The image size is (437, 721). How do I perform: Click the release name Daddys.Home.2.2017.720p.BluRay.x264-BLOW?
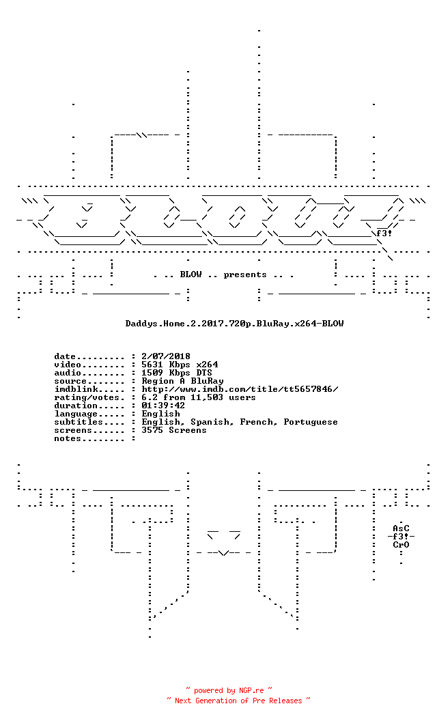pos(235,324)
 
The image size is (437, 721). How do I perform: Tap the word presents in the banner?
pos(245,275)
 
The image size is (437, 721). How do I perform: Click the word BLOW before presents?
pos(191,274)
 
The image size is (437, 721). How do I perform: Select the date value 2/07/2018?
pos(166,356)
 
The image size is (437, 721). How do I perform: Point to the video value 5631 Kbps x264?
pos(180,365)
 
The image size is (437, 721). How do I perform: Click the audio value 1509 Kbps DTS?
pos(177,373)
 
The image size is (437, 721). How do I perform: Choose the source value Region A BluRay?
pos(182,381)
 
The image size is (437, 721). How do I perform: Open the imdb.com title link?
pos(240,389)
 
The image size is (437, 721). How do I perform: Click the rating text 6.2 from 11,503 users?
pos(198,398)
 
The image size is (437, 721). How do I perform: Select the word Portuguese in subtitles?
pos(311,423)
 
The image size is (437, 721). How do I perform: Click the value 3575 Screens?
pos(174,430)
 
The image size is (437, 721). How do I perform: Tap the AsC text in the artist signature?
pos(401,528)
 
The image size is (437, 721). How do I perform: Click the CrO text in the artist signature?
pos(401,545)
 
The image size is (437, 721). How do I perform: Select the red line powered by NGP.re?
pos(229,691)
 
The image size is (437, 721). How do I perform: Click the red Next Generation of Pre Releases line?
pos(239,701)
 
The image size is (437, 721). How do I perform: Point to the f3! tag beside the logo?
pos(384,234)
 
